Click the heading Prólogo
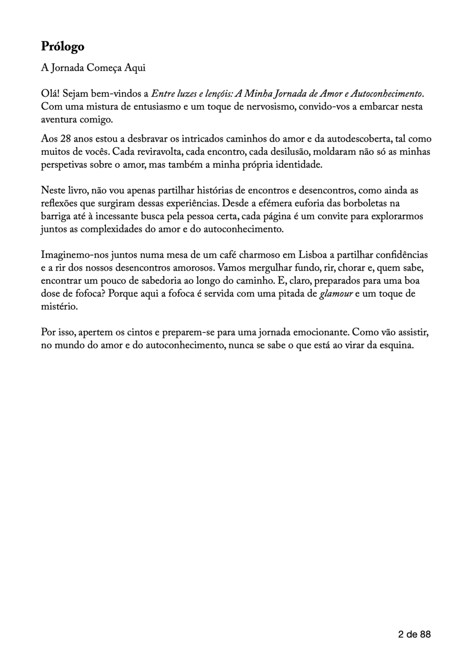(63, 47)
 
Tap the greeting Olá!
(50, 94)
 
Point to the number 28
(66, 139)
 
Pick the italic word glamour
(336, 294)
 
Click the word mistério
(59, 307)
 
